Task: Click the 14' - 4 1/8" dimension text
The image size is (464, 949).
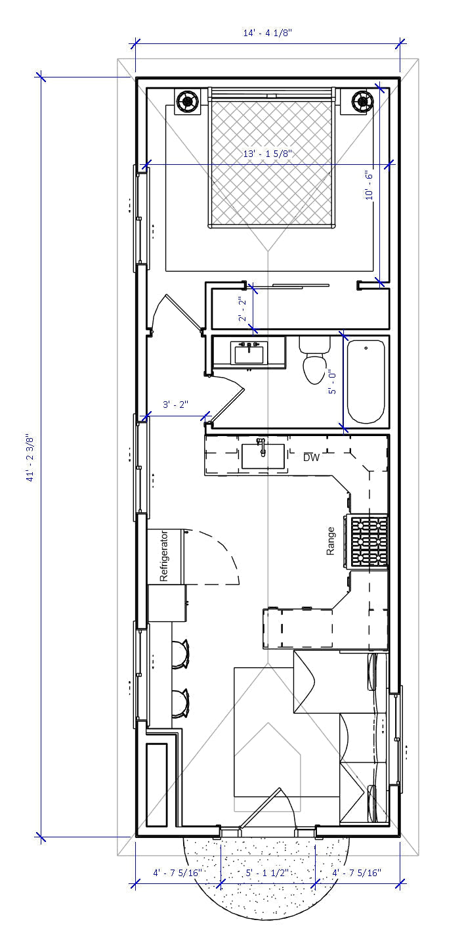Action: click(266, 32)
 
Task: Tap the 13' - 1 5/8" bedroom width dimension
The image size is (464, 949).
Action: click(267, 154)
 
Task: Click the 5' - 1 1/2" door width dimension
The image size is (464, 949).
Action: click(268, 873)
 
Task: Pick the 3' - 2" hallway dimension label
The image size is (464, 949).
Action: click(175, 405)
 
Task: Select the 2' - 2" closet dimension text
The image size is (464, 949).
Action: click(242, 309)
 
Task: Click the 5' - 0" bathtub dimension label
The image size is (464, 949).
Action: click(332, 382)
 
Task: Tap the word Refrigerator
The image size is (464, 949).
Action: click(165, 556)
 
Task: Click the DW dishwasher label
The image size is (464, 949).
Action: click(311, 458)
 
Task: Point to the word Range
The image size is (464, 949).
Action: click(331, 541)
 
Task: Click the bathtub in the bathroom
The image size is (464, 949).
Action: click(366, 382)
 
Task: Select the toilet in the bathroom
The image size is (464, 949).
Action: click(314, 362)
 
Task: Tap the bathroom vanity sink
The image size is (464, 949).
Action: click(249, 353)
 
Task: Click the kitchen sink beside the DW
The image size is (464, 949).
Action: click(263, 455)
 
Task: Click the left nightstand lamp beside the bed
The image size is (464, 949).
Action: click(188, 101)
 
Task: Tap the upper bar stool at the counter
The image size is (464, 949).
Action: click(180, 653)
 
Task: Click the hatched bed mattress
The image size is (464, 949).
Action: click(270, 161)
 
